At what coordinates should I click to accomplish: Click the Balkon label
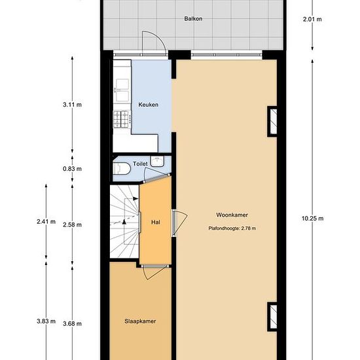(x=193, y=18)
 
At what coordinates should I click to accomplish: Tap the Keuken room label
(x=149, y=105)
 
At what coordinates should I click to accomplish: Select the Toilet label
(x=140, y=164)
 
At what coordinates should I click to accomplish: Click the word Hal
(x=156, y=223)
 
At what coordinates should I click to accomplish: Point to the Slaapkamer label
(x=140, y=321)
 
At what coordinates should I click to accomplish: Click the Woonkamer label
(x=232, y=215)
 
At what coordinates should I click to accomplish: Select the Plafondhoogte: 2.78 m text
(x=232, y=228)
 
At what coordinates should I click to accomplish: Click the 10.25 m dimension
(x=312, y=219)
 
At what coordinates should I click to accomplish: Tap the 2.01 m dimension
(x=312, y=19)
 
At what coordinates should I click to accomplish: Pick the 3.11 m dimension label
(x=72, y=105)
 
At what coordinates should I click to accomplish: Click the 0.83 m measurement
(x=72, y=169)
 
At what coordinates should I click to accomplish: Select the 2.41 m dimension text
(x=46, y=222)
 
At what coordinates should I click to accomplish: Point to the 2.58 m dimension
(x=72, y=225)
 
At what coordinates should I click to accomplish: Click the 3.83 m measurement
(x=46, y=321)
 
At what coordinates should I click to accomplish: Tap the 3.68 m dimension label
(x=72, y=324)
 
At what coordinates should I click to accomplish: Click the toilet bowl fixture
(x=122, y=169)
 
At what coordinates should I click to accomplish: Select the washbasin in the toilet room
(x=157, y=161)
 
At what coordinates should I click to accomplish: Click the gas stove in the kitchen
(x=122, y=119)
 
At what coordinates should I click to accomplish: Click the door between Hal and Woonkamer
(x=179, y=223)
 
